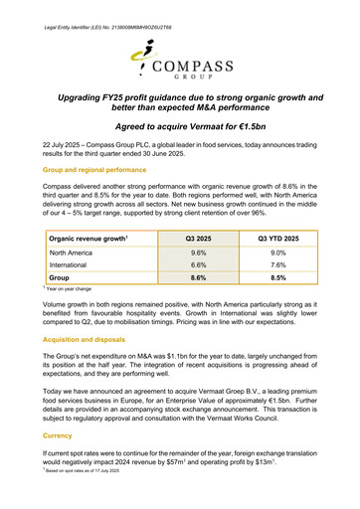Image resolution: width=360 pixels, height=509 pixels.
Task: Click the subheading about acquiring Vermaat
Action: pyautogui.click(x=179, y=128)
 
